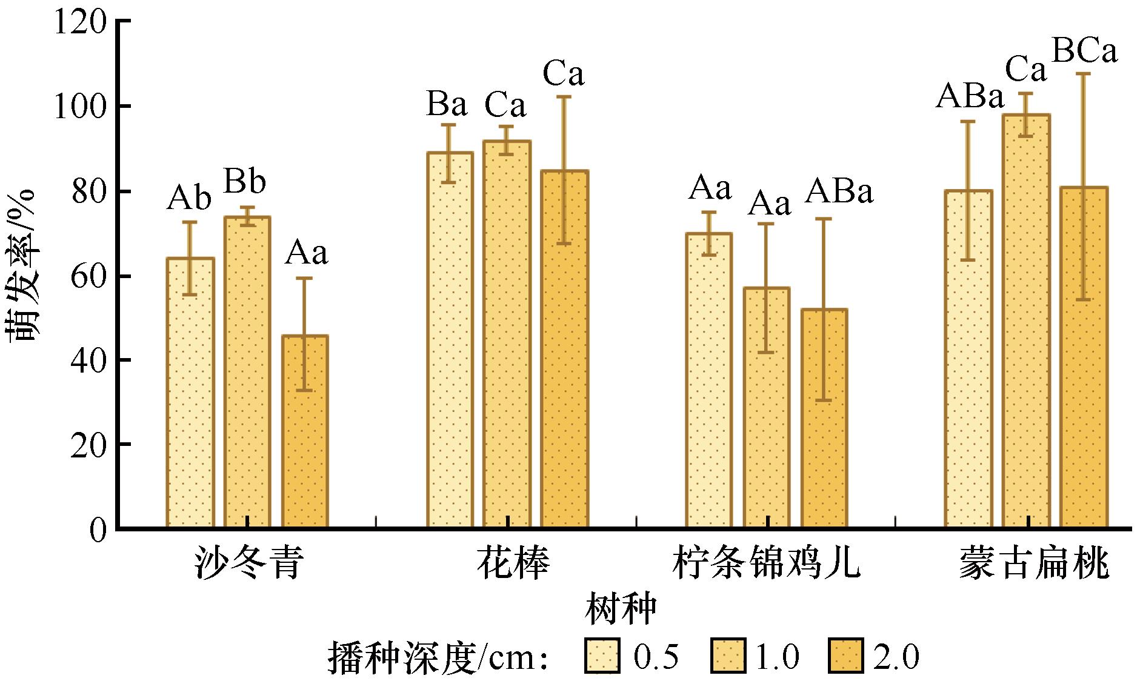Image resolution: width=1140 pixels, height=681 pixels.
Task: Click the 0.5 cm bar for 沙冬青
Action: pos(190,394)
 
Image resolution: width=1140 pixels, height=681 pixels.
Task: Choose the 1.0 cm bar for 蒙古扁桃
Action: pos(1026,322)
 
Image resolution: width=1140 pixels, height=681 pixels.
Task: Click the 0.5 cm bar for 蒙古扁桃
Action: pos(968,360)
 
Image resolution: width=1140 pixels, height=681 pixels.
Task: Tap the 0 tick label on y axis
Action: pos(98,530)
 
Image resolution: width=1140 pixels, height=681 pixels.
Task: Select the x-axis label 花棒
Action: pos(513,563)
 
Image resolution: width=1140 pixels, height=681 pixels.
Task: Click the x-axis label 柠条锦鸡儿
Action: pos(766,563)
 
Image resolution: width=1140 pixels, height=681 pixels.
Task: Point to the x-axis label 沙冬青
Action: pos(248,563)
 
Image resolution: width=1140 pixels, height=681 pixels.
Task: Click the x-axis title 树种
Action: pos(621,611)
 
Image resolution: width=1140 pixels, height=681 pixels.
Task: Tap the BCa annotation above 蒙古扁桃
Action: pos(1084,52)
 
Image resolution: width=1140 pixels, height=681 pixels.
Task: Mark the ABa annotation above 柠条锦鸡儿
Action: pos(839,191)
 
